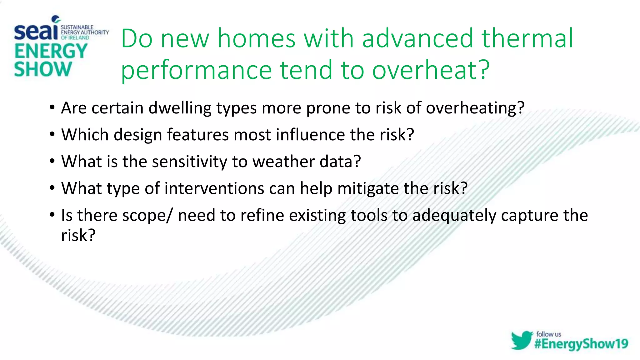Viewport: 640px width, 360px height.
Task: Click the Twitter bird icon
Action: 522,340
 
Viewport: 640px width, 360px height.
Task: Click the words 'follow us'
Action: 548,334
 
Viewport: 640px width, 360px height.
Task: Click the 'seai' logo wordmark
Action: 36,32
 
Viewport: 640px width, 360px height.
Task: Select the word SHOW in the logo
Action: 43,69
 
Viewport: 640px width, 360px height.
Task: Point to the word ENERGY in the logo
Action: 51,51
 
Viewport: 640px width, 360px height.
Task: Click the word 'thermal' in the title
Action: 527,38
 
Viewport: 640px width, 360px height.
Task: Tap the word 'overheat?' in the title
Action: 431,70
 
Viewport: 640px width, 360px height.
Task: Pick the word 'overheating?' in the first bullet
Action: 475,108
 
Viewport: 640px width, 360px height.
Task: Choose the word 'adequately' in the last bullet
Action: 454,216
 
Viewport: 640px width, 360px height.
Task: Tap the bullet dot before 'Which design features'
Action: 52,135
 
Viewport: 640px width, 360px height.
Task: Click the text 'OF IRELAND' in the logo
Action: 75,38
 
